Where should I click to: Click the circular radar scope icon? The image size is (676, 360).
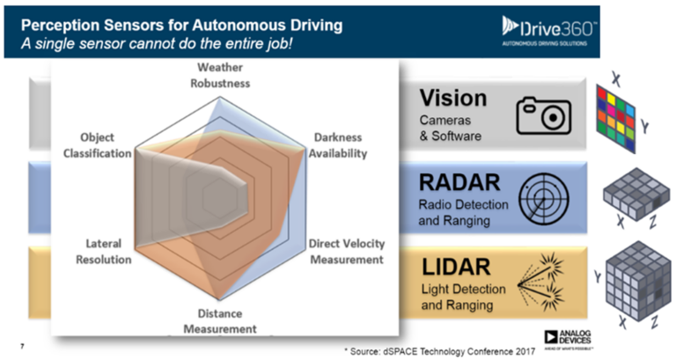[x=544, y=198]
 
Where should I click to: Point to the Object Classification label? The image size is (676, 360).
[x=97, y=145]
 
